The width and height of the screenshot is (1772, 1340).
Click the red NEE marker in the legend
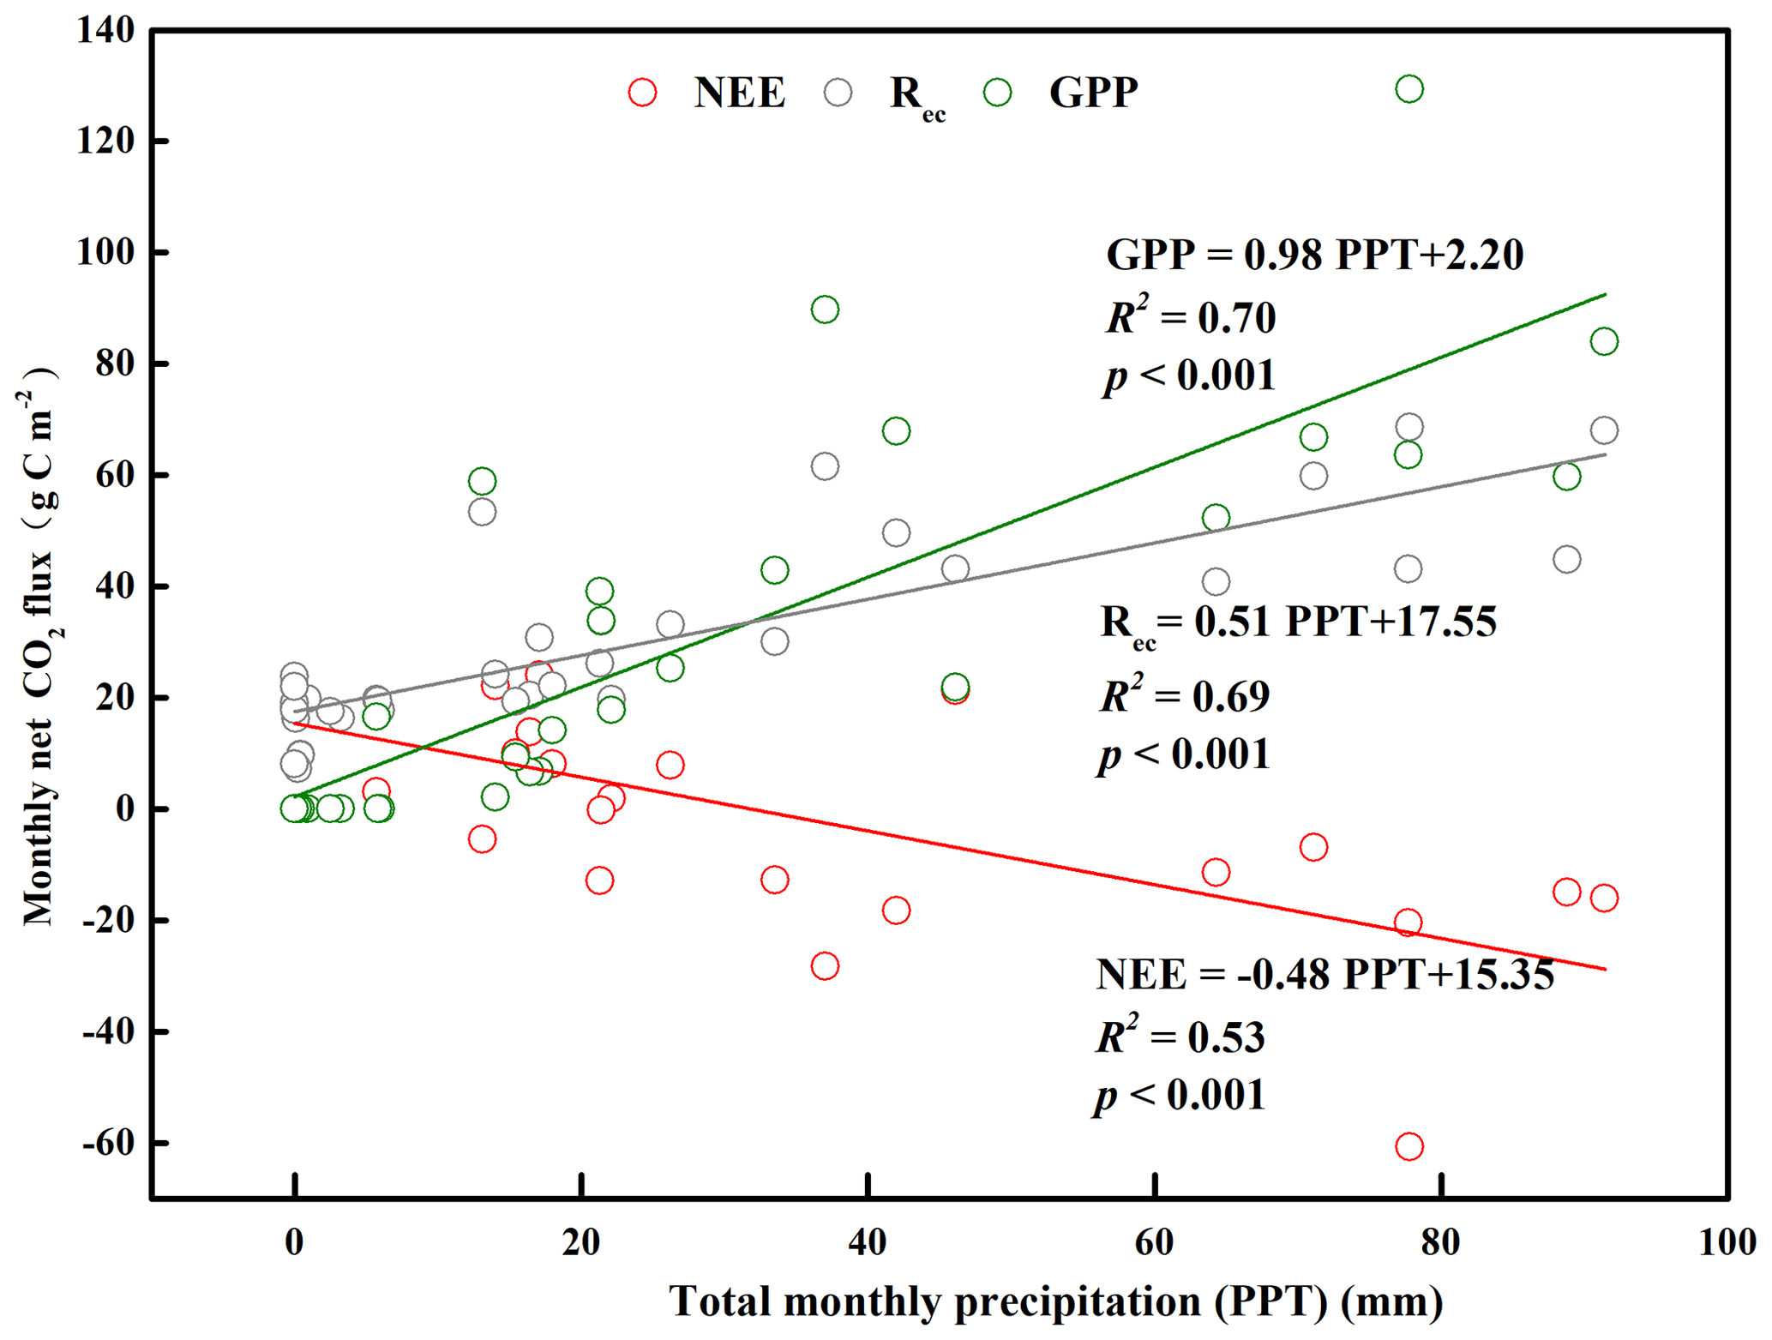[x=642, y=92]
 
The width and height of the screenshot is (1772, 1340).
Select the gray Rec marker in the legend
[x=838, y=92]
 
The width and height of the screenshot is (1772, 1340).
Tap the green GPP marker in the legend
[x=997, y=92]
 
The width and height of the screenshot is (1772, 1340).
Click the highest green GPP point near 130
[x=1409, y=88]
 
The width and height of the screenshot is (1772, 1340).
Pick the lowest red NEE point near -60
[x=1409, y=1145]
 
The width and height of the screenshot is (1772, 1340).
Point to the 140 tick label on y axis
[x=105, y=31]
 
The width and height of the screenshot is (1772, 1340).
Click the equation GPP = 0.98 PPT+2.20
[x=1314, y=255]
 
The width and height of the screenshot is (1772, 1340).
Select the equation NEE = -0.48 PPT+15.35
[x=1324, y=974]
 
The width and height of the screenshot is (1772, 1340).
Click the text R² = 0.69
[x=1185, y=695]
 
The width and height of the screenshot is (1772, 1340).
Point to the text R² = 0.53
[x=1181, y=1036]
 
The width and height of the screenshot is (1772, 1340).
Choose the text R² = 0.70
[x=1191, y=316]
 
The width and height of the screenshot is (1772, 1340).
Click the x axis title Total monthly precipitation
[x=1055, y=1301]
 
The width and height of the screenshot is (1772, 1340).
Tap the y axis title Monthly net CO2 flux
[x=39, y=647]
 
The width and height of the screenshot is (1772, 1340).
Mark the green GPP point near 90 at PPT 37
[x=824, y=309]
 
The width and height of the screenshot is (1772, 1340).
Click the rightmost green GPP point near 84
[x=1603, y=341]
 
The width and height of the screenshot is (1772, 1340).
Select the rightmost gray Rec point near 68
[x=1603, y=430]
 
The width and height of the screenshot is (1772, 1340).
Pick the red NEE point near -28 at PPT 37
[x=824, y=966]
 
